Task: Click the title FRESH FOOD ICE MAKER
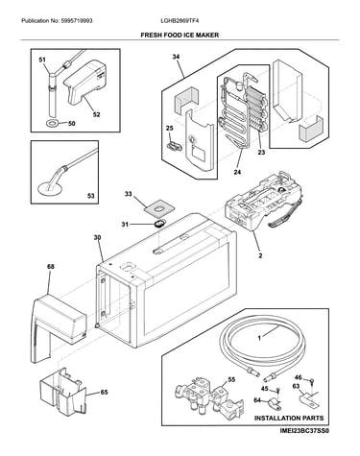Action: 180,35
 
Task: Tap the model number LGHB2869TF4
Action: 180,21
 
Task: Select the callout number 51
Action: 42,60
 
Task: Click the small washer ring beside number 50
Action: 52,123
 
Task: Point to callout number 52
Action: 96,114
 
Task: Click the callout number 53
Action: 91,195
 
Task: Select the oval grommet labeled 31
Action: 158,223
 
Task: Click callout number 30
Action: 97,237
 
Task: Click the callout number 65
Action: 104,392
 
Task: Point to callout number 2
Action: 260,255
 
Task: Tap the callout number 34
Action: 176,57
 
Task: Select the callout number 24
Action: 237,172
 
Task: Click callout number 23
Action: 261,152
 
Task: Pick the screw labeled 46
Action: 312,381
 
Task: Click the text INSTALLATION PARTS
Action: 289,418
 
